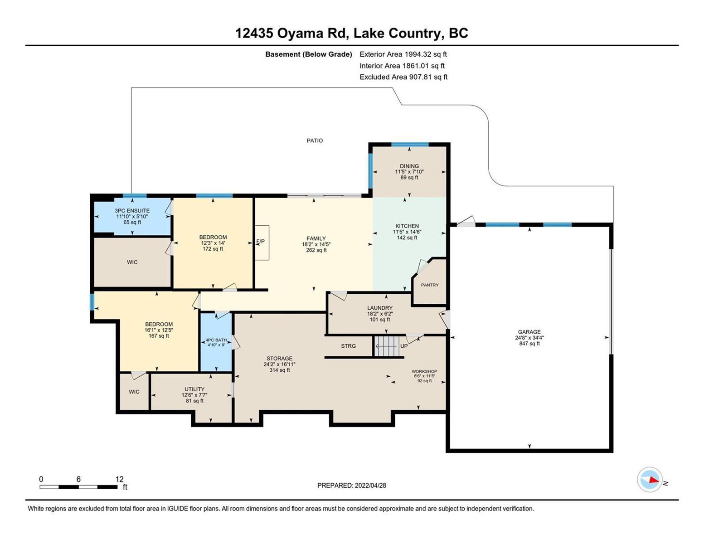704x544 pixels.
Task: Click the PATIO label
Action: pyautogui.click(x=315, y=141)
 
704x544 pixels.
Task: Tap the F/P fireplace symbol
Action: pyautogui.click(x=262, y=243)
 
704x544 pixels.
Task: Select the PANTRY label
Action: pyautogui.click(x=430, y=285)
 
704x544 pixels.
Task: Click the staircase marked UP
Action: pyautogui.click(x=385, y=346)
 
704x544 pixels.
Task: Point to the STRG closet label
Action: pyautogui.click(x=348, y=346)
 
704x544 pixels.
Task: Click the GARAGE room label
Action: pyautogui.click(x=529, y=332)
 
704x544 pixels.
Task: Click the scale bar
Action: pyautogui.click(x=78, y=487)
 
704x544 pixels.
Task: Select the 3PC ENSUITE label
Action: pyautogui.click(x=132, y=211)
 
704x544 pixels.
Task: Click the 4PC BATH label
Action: pyautogui.click(x=216, y=340)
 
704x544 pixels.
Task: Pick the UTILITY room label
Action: pyautogui.click(x=194, y=389)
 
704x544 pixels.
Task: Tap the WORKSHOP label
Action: pyautogui.click(x=424, y=371)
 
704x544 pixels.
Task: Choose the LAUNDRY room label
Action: pyautogui.click(x=380, y=308)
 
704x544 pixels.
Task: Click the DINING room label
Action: pyautogui.click(x=409, y=166)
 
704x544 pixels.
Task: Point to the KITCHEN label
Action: pyautogui.click(x=407, y=226)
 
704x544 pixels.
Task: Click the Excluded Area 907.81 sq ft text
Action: pyautogui.click(x=403, y=77)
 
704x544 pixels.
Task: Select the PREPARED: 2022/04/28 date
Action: pyautogui.click(x=351, y=486)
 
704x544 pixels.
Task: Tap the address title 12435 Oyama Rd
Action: pyautogui.click(x=291, y=34)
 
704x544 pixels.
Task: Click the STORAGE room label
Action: pyautogui.click(x=279, y=359)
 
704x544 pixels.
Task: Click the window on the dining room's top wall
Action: pyautogui.click(x=410, y=145)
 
